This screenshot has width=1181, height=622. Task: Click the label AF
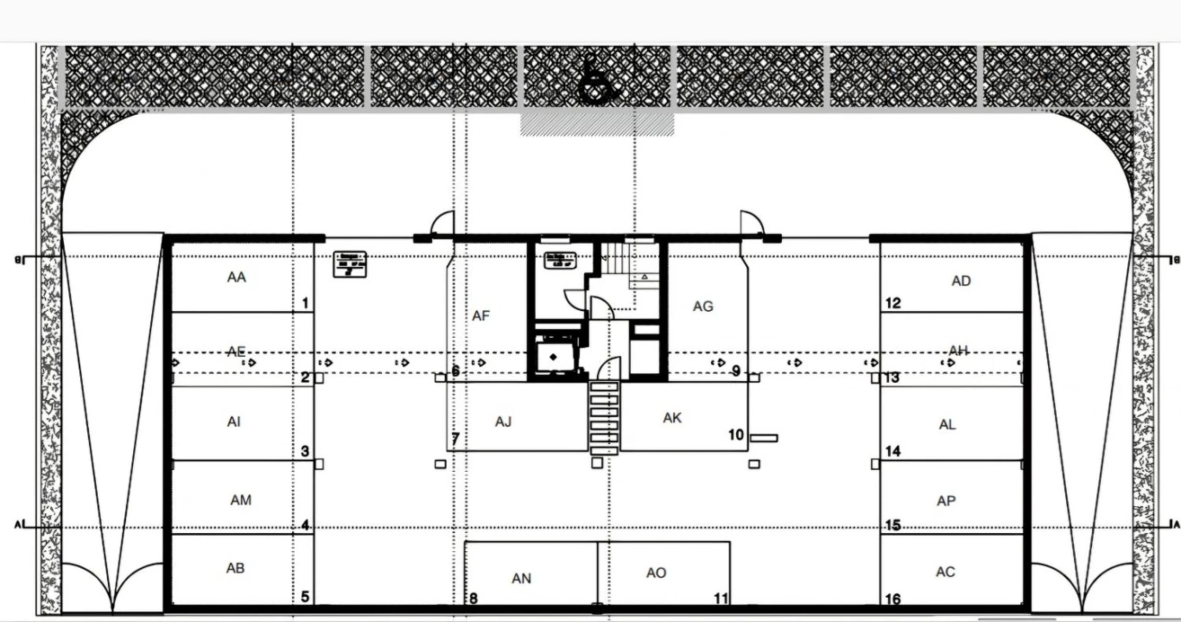[481, 316]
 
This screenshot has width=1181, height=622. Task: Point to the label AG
[703, 306]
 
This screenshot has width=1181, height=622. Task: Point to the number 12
[893, 303]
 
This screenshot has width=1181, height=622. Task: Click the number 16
[893, 600]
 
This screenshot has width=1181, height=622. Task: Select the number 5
[304, 597]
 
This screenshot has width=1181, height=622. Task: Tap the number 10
[735, 435]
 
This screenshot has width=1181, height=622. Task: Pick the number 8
[473, 598]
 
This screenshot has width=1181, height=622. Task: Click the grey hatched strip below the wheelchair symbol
[597, 124]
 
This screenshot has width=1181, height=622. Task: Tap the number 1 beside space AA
[305, 303]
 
